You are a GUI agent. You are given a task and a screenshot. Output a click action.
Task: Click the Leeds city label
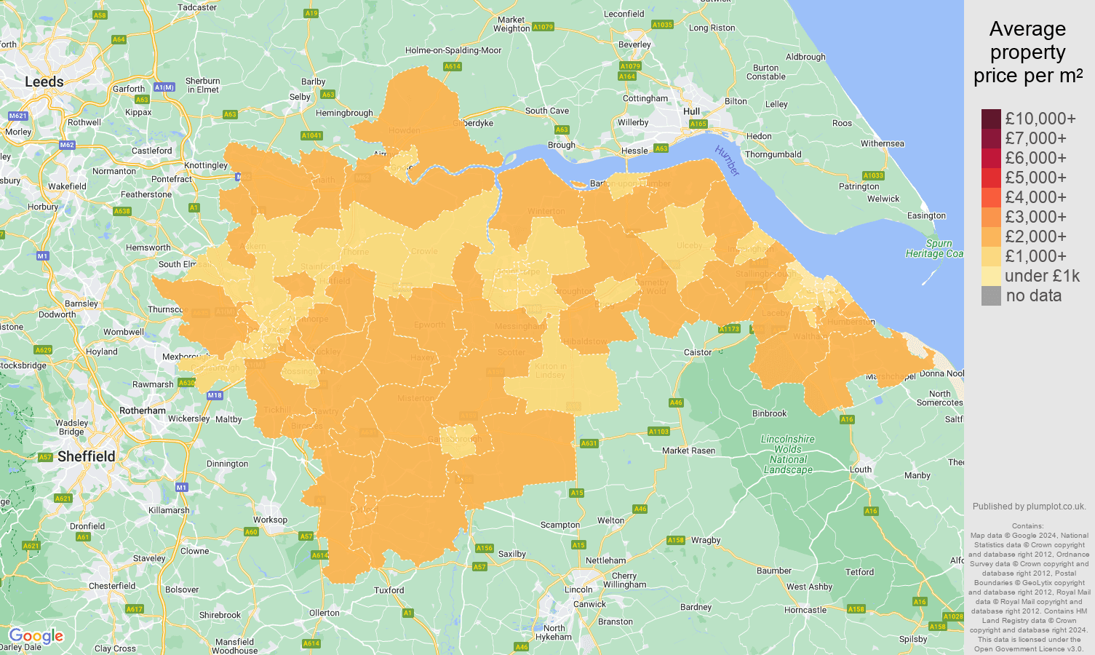pyautogui.click(x=44, y=82)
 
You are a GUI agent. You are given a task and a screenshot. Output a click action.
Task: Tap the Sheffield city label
pyautogui.click(x=86, y=456)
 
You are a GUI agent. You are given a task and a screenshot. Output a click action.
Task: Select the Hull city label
pyautogui.click(x=691, y=111)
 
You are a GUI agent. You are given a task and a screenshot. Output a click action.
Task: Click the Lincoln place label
pyautogui.click(x=578, y=589)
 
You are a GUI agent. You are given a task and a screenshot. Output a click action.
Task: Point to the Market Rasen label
pyautogui.click(x=688, y=450)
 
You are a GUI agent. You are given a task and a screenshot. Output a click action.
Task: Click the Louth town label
pyautogui.click(x=861, y=469)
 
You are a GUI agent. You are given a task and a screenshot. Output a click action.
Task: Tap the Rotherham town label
pyautogui.click(x=143, y=410)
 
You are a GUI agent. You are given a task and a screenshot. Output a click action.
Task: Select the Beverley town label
pyautogui.click(x=634, y=44)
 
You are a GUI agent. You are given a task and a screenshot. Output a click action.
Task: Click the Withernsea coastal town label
pyautogui.click(x=882, y=143)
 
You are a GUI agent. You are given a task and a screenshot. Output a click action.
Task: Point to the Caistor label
pyautogui.click(x=697, y=352)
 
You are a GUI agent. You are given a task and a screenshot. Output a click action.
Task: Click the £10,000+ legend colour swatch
pyautogui.click(x=991, y=119)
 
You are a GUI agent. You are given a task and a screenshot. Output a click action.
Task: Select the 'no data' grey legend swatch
pyautogui.click(x=991, y=295)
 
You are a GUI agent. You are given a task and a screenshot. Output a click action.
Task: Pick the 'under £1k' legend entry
pyautogui.click(x=1042, y=276)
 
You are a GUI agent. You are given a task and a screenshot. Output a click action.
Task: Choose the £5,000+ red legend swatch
pyautogui.click(x=991, y=178)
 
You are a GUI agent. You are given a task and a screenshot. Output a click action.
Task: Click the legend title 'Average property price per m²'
pyautogui.click(x=1027, y=52)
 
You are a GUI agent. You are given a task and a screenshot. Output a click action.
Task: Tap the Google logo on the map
pyautogui.click(x=36, y=636)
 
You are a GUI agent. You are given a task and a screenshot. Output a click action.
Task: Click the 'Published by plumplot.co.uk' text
pyautogui.click(x=1029, y=507)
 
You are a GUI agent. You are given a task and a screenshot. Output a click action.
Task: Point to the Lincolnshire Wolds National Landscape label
pyautogui.click(x=788, y=454)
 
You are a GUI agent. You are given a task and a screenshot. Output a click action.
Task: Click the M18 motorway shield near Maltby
pyautogui.click(x=214, y=395)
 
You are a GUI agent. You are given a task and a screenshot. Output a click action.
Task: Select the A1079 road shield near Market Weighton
pyautogui.click(x=543, y=27)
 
